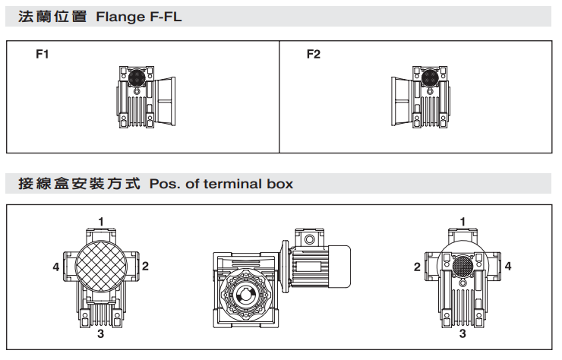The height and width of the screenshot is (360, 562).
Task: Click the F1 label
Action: (x=43, y=55)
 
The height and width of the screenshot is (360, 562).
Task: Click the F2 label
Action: (x=314, y=55)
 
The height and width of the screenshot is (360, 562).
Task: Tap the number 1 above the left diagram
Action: (x=101, y=221)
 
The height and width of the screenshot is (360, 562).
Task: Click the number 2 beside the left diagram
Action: (x=145, y=266)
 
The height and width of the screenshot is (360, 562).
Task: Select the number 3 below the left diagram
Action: (x=101, y=333)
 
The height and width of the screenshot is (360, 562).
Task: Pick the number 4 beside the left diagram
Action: (x=56, y=267)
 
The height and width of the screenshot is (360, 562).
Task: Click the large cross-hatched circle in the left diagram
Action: (x=101, y=267)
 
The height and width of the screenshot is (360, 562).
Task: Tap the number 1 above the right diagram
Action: (x=463, y=221)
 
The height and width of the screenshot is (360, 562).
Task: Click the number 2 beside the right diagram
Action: (x=417, y=267)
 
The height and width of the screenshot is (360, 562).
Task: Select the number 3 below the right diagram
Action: (x=463, y=333)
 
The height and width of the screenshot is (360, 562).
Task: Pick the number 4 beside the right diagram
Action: (x=508, y=267)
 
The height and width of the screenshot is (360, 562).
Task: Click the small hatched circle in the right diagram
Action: (x=462, y=267)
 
